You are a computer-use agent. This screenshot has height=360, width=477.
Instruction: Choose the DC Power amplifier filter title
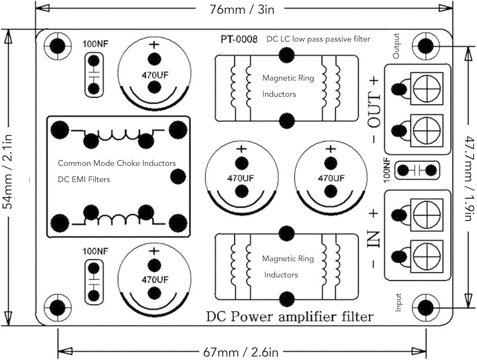click(x=290, y=316)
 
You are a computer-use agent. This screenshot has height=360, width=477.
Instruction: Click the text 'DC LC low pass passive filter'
click(x=318, y=39)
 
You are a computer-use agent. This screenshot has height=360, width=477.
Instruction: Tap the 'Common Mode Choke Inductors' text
click(x=117, y=163)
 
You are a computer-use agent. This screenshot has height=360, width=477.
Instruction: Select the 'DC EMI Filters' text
click(x=84, y=179)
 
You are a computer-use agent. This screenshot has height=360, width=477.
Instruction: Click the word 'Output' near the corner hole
click(x=396, y=46)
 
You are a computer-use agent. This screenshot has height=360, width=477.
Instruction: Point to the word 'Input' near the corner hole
click(x=398, y=302)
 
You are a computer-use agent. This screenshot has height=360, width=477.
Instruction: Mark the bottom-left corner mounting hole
click(x=57, y=308)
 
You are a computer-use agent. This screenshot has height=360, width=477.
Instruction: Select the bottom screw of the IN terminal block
click(x=427, y=257)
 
